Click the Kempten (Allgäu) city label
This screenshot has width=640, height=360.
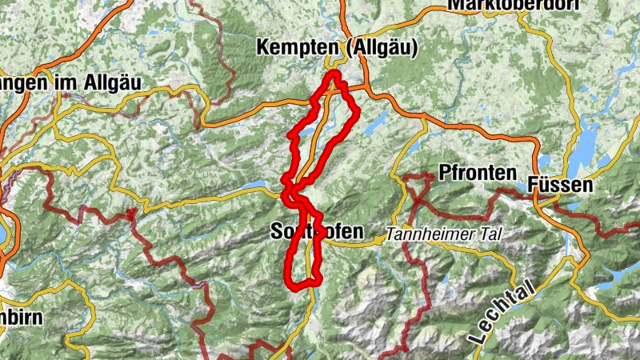coord(337,49)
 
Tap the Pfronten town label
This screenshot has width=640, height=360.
coord(473,172)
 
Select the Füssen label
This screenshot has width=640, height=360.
coord(561,186)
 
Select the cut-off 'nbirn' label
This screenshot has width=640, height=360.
coord(20,317)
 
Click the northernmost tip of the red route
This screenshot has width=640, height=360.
coord(333,74)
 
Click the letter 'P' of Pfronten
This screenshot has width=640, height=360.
coord(445,172)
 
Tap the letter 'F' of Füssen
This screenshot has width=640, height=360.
coord(534,186)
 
